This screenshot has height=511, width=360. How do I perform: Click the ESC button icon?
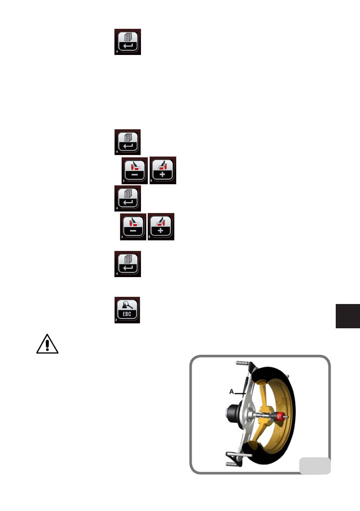click(127, 310)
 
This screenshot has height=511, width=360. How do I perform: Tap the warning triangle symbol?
click(47, 344)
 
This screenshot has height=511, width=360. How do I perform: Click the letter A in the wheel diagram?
click(232, 392)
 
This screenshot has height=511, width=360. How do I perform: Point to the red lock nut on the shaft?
click(280, 417)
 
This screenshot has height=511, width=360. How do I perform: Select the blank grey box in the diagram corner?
click(315, 466)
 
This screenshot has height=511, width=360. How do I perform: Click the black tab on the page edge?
click(347, 316)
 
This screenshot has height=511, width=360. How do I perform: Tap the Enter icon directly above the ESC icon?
click(128, 264)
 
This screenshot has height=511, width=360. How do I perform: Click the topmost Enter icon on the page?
click(128, 42)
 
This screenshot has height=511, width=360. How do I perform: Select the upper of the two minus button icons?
click(135, 171)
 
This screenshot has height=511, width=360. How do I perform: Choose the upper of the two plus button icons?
click(163, 171)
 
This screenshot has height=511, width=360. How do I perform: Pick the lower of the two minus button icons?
click(133, 227)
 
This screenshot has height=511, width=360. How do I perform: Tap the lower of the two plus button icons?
click(161, 227)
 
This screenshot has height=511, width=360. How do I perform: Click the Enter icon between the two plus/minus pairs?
click(128, 198)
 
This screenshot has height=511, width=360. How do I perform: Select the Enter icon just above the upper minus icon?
click(128, 142)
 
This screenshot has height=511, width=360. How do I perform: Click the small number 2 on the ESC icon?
click(116, 321)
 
